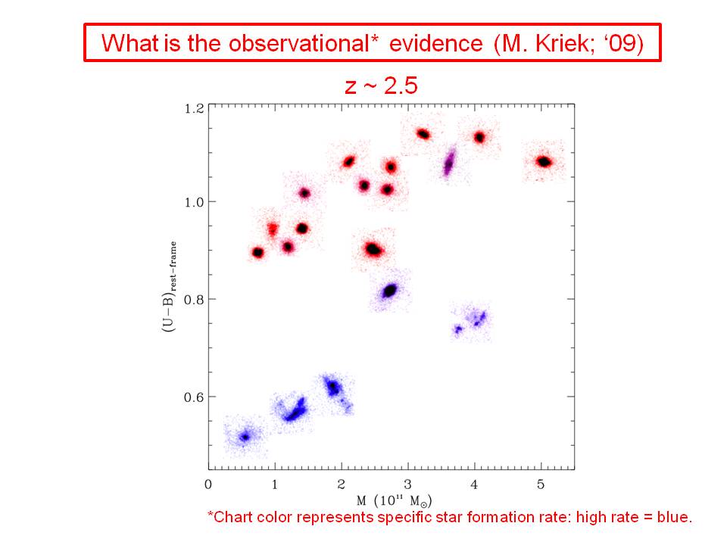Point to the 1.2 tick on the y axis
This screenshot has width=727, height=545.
pos(195,107)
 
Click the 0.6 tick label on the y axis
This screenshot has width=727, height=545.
pos(195,397)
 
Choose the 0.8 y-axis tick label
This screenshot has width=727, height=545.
pos(195,299)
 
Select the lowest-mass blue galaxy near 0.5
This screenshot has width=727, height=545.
pos(245,437)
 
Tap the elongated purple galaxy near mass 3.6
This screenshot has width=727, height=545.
pos(449,162)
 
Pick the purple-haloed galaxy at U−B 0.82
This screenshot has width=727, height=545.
pos(390,290)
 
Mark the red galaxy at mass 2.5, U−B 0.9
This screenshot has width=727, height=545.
pos(374,249)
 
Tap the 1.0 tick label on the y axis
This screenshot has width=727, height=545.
pos(195,202)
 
